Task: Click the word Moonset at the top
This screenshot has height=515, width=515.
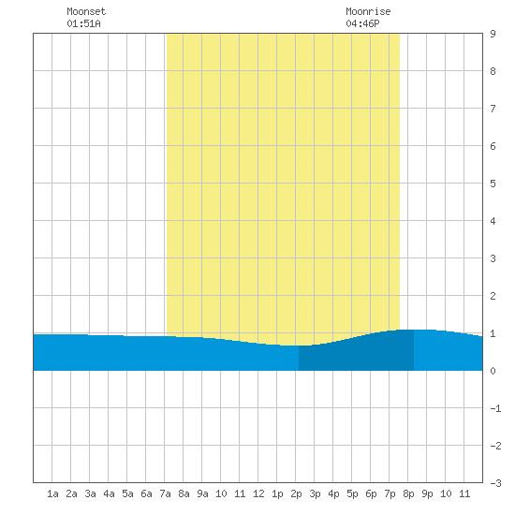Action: (x=86, y=11)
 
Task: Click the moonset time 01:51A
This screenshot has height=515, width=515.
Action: (x=83, y=23)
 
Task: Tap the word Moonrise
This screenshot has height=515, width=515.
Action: (x=368, y=11)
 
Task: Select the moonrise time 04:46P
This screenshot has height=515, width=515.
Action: (x=362, y=23)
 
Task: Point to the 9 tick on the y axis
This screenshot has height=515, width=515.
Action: (x=493, y=34)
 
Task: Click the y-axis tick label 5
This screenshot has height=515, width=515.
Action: (x=493, y=184)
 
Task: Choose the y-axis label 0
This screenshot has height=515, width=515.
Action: (x=493, y=371)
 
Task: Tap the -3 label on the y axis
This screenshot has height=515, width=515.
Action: (x=495, y=483)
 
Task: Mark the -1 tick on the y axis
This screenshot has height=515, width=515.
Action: (x=495, y=408)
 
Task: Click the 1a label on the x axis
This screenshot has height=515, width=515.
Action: (x=52, y=493)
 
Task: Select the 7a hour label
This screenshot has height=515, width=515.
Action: (x=165, y=493)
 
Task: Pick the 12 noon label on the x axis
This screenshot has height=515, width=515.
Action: (x=258, y=493)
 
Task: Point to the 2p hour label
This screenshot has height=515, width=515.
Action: (x=296, y=493)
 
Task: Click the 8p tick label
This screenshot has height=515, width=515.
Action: (x=408, y=493)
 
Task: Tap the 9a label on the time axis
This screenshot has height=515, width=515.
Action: (x=202, y=493)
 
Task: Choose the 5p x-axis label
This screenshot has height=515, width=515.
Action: (x=352, y=493)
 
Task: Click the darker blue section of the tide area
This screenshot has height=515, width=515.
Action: (x=357, y=354)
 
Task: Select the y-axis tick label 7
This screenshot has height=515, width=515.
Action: (x=493, y=109)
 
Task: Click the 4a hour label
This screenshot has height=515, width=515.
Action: (x=109, y=493)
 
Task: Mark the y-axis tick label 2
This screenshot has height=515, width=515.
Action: (x=493, y=296)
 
